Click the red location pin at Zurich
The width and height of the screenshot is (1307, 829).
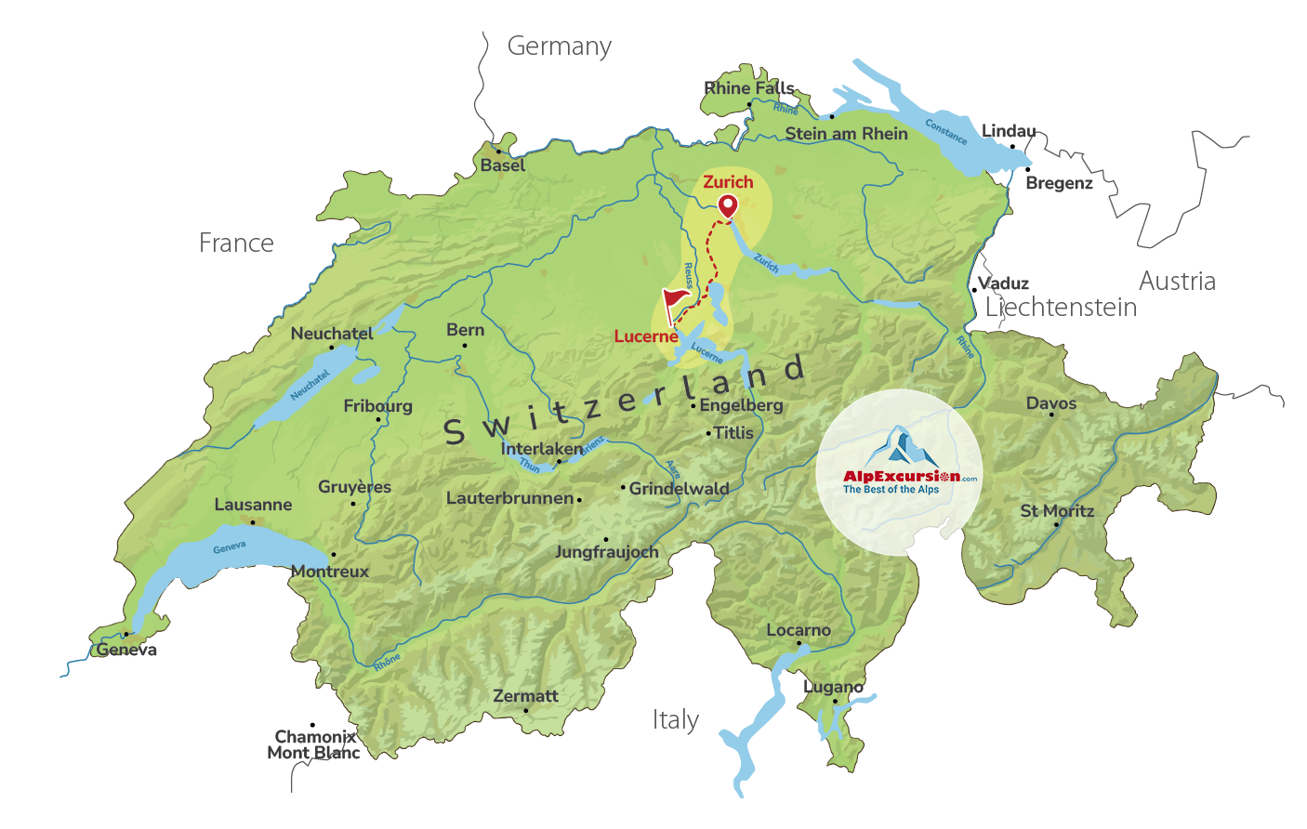[727, 206]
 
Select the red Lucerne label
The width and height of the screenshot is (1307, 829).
[645, 336]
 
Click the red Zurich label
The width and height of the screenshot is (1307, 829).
[728, 182]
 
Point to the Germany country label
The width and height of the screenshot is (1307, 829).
[559, 46]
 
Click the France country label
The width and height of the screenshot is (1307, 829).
[236, 243]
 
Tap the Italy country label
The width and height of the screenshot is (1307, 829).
[675, 720]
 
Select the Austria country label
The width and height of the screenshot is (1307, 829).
[1177, 281]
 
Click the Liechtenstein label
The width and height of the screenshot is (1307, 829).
[1061, 308]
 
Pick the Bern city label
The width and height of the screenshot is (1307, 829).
[465, 330]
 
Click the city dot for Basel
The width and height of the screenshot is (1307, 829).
[498, 151]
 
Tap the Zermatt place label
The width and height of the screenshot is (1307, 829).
[525, 696]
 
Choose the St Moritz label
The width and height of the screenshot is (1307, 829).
[1057, 511]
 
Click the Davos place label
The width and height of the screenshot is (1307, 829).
[1050, 403]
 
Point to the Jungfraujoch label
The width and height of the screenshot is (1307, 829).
[606, 552]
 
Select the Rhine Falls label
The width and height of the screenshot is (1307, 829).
[748, 88]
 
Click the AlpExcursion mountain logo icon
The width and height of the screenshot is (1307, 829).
[899, 447]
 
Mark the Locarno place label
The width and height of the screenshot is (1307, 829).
[798, 630]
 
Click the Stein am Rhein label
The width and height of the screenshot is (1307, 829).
[846, 134]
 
